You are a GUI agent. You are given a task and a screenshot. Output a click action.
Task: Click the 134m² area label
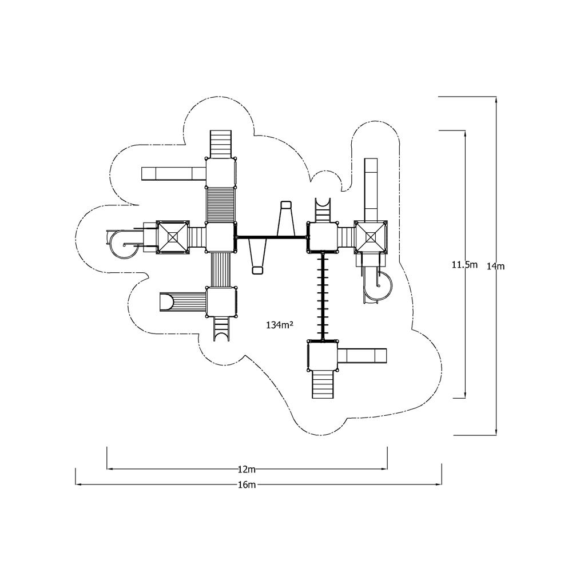pos(280,325)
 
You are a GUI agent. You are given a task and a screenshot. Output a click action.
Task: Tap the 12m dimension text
pos(247,469)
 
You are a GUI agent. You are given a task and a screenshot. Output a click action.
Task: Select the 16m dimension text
pos(247,485)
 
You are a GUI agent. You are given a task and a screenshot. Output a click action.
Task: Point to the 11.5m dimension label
pos(464,264)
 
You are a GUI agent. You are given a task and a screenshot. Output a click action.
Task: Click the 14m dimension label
pos(495,267)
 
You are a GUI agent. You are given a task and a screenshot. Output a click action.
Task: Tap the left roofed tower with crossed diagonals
pos(173,237)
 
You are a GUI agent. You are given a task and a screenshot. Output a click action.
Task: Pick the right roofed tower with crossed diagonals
pos(371,237)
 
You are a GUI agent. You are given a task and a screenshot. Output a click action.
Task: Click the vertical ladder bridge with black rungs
pos(323,296)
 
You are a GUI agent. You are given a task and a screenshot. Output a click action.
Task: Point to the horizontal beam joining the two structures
pos(271,237)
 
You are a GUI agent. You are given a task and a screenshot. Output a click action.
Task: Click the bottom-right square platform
pos(323,356)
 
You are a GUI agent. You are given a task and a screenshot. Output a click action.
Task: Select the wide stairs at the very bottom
pos(323,384)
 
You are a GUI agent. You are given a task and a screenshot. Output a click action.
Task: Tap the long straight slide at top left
pos(174,173)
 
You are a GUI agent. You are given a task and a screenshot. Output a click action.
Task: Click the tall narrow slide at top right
pos(371,190)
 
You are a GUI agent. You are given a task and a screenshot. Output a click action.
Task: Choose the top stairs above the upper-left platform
pos(221,145)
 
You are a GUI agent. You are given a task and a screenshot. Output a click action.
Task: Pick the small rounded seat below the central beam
pos(257,270)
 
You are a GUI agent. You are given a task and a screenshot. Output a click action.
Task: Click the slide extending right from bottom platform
pos(362,356)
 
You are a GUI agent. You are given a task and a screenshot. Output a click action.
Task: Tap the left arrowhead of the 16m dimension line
pos(78,485)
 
